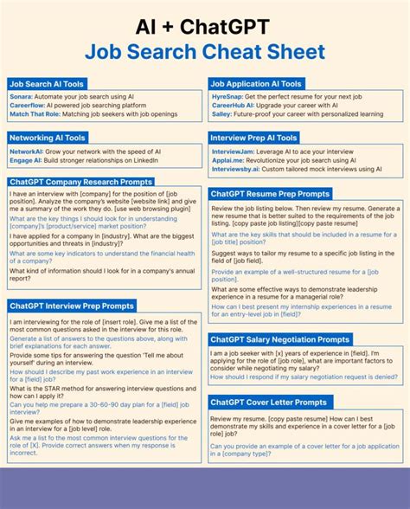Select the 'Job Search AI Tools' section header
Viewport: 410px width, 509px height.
[x=48, y=84]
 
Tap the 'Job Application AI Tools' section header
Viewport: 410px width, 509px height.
[x=256, y=84]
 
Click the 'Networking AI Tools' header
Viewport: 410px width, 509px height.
[x=48, y=138]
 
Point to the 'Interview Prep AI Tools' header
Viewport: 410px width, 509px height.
[x=254, y=138]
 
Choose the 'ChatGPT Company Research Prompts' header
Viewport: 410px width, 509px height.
[x=80, y=182]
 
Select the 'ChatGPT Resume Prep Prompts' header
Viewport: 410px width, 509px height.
[x=270, y=194]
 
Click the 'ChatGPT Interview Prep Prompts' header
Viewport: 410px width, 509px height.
[x=72, y=306]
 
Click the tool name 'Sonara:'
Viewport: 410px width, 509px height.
[x=22, y=98]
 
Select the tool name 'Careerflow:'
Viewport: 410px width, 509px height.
[x=29, y=106]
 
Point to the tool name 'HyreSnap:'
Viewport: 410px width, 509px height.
[x=227, y=98]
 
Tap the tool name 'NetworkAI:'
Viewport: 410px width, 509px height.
[x=27, y=151]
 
